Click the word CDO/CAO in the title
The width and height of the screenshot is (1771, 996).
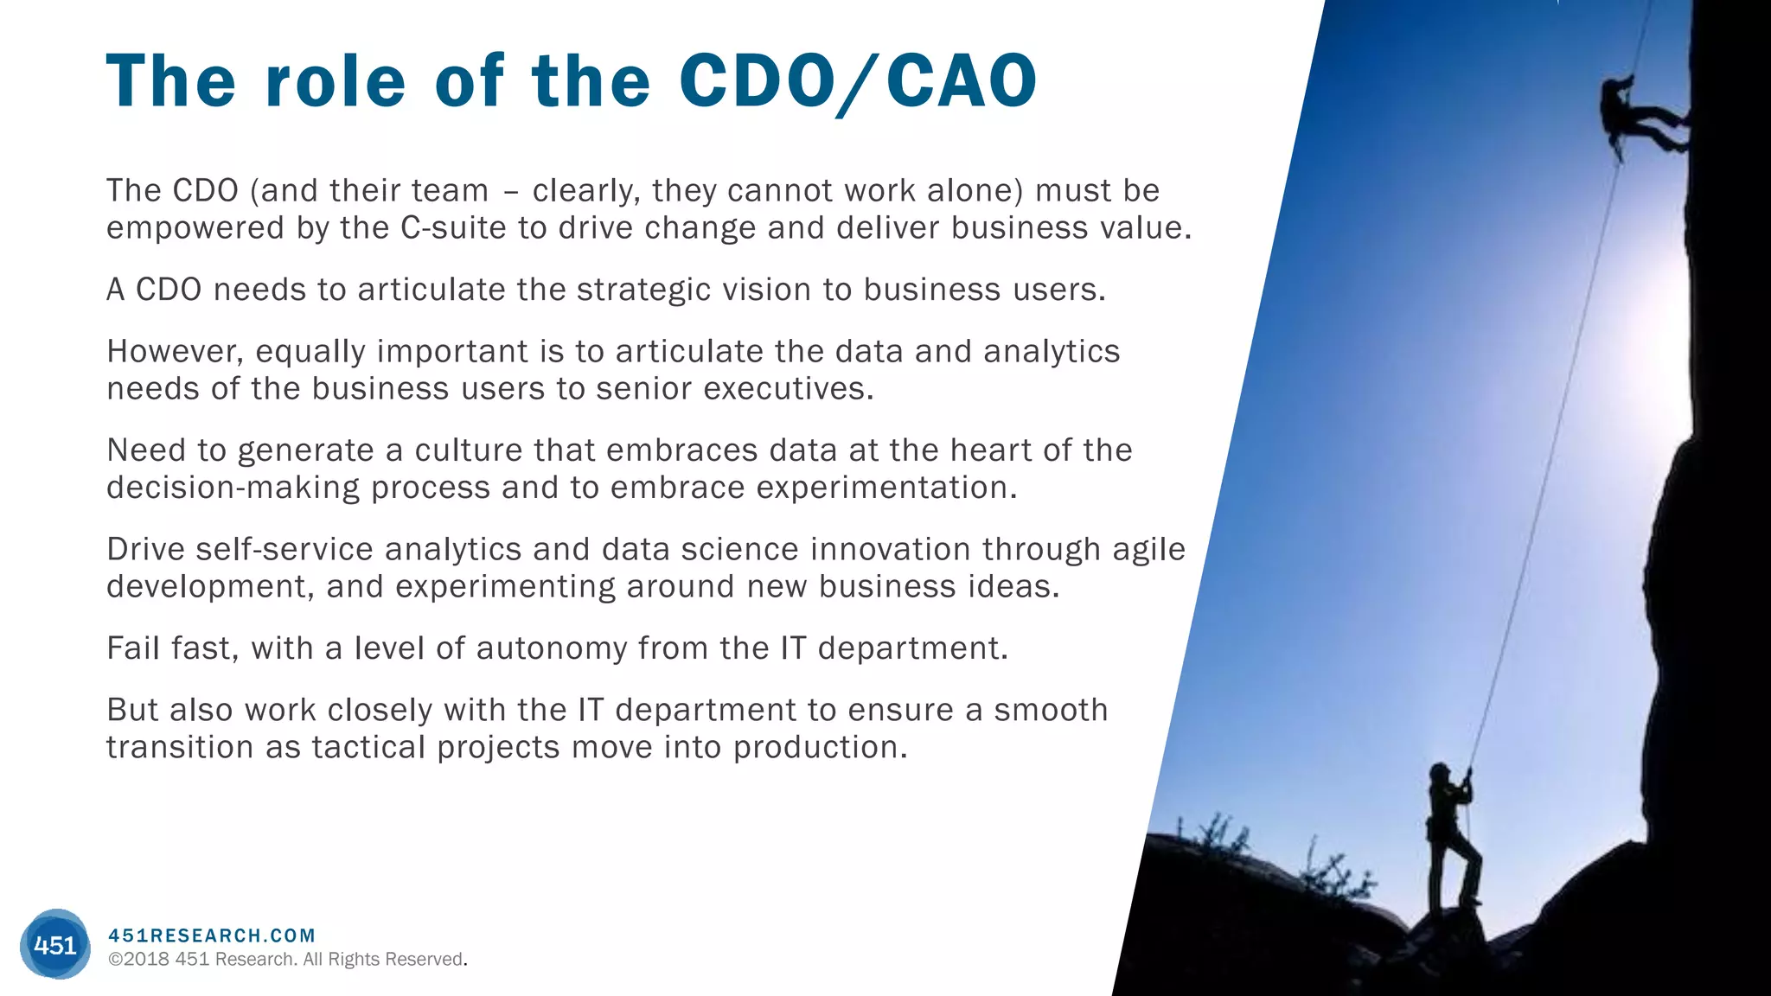click(x=858, y=81)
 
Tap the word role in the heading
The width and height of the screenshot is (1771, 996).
click(x=336, y=81)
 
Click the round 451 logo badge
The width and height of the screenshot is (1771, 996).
click(x=54, y=944)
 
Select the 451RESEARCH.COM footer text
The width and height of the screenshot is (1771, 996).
click(x=212, y=935)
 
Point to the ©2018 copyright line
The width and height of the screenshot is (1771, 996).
click(x=287, y=960)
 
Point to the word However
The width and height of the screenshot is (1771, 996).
click(x=175, y=352)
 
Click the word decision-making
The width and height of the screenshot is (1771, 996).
click(x=233, y=488)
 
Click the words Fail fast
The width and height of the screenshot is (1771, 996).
click(x=172, y=648)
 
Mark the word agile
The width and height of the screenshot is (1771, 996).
click(x=1148, y=550)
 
